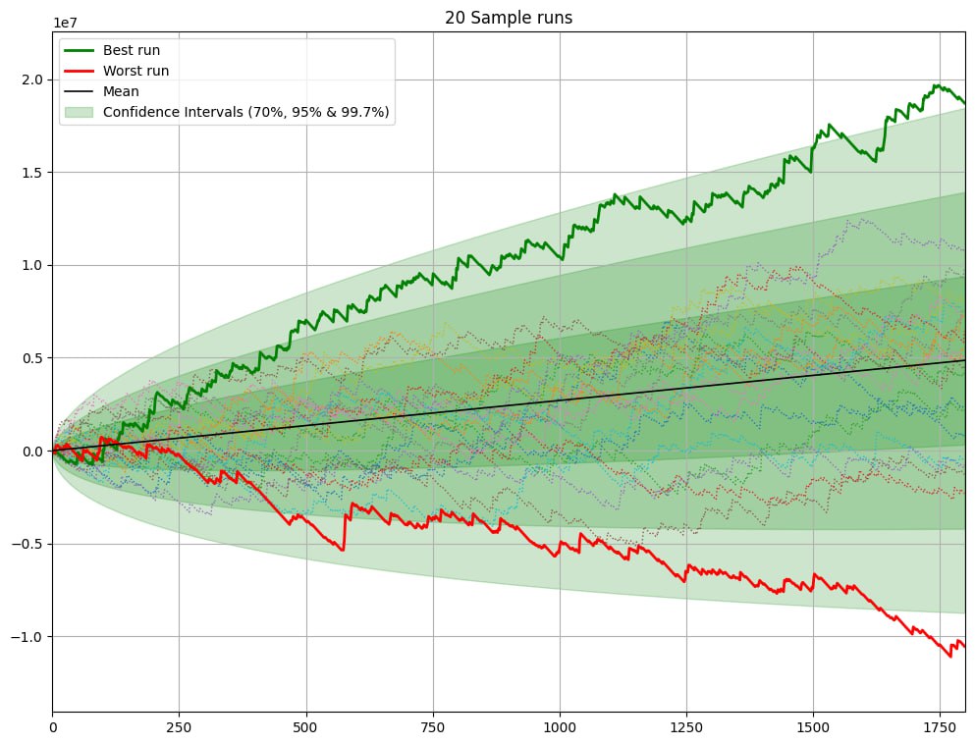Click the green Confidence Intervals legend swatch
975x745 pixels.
click(x=79, y=113)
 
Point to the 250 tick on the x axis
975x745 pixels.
click(x=179, y=727)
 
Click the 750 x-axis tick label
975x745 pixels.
click(x=433, y=727)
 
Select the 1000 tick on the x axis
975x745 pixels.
click(x=560, y=727)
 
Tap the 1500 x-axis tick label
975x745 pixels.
click(x=813, y=727)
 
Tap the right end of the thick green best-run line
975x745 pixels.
click(x=964, y=103)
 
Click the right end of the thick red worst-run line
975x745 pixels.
click(x=964, y=646)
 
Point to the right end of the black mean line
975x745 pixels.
click(x=964, y=360)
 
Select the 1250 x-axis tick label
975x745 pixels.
click(x=686, y=727)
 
